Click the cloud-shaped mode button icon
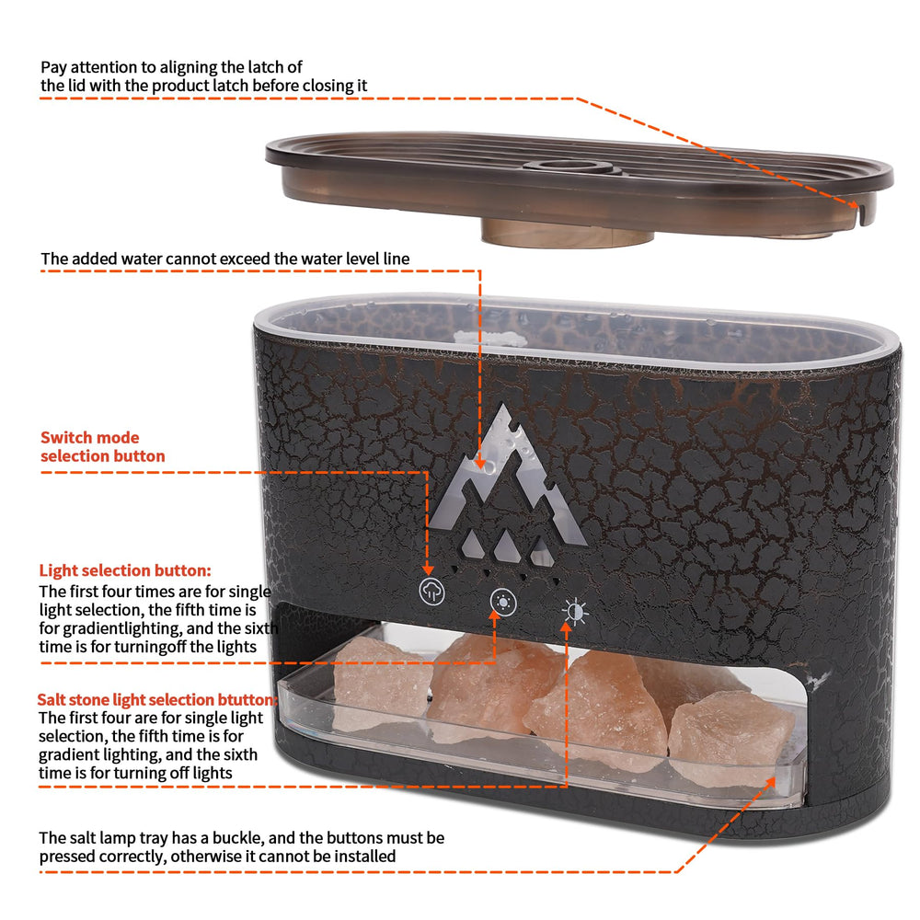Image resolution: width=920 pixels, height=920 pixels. click(x=431, y=592)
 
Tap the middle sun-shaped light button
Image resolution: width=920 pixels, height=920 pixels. click(x=503, y=604)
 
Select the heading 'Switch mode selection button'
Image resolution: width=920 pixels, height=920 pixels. click(x=102, y=447)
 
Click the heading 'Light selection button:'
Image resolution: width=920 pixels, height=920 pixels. click(x=125, y=571)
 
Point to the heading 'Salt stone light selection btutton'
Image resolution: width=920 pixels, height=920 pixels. click(x=157, y=700)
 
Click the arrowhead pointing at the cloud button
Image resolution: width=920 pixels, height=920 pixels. click(x=430, y=571)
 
